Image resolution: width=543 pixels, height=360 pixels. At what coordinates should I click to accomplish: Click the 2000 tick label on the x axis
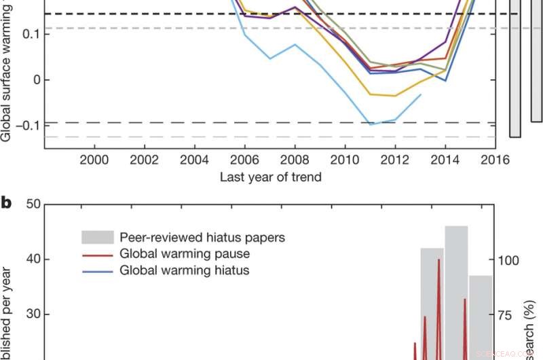point(94,160)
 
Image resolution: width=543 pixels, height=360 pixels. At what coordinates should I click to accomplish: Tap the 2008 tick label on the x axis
point(295,160)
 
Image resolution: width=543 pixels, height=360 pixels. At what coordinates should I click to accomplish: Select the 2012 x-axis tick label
point(395,160)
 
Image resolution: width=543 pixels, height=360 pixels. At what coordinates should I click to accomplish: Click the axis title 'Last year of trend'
point(269,178)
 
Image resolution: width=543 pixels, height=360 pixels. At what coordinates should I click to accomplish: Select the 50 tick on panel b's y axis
point(32,204)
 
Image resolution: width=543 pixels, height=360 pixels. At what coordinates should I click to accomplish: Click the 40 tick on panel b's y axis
point(32,259)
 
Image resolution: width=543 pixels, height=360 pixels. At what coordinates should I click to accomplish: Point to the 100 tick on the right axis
point(508,259)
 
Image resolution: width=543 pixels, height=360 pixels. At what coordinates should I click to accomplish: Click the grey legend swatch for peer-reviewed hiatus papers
point(97,238)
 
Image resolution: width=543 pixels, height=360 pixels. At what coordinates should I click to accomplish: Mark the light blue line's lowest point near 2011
point(371,125)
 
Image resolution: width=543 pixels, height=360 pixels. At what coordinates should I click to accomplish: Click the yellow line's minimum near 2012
point(394,96)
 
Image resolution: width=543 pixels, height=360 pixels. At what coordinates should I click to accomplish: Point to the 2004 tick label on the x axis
point(194,160)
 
